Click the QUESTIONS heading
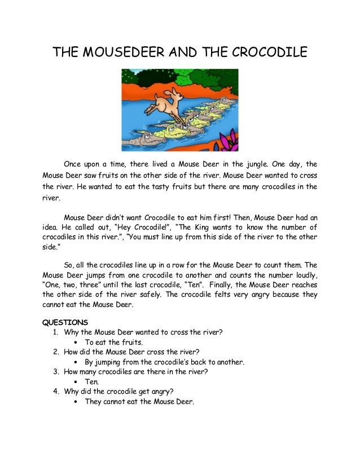click(x=65, y=322)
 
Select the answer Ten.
click(x=92, y=382)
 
